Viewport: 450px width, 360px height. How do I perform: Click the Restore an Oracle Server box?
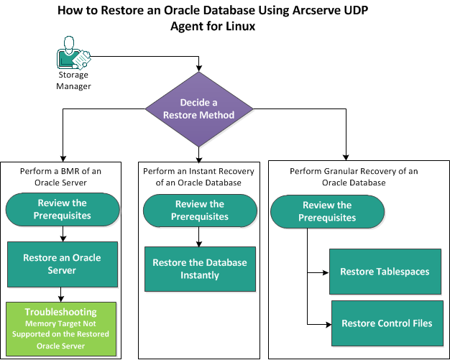61,264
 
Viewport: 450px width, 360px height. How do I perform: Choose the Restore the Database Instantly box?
199,269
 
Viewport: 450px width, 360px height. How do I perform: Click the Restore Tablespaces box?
386,272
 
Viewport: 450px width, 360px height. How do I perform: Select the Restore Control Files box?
386,323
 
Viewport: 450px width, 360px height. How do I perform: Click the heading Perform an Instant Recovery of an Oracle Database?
199,176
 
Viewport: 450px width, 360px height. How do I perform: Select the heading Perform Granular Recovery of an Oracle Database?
353,177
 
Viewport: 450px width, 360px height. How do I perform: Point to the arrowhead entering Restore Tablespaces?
326,272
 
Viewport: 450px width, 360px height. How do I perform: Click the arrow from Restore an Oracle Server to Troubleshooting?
61,293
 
